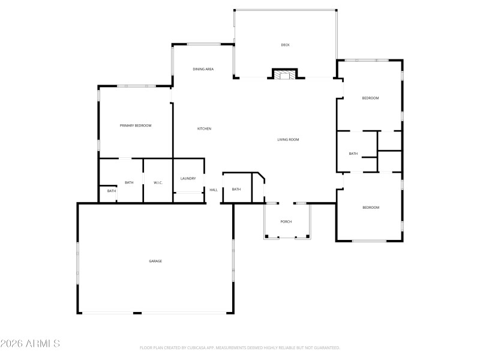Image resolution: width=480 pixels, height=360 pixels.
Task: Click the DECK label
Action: coord(286,45)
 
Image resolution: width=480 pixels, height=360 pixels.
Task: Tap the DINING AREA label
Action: coord(203,69)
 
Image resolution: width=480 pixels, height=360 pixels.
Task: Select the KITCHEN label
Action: coord(205,128)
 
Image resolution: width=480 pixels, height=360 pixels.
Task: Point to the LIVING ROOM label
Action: coord(288,140)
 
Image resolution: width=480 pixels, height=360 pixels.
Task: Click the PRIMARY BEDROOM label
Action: coord(136,125)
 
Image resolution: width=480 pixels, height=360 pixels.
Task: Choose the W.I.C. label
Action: coord(158,182)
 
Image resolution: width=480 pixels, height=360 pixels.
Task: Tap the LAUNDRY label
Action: coord(188,178)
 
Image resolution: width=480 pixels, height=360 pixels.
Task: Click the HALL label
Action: coord(214,190)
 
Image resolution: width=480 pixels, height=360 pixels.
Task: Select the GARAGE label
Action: coord(155,261)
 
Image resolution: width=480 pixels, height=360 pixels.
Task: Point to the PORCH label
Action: coord(286,222)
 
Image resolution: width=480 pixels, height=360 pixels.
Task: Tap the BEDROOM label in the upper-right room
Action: coord(370,98)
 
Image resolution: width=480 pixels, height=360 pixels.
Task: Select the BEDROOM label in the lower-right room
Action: coord(371,208)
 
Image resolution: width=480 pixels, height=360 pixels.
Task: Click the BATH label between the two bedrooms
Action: coord(353,154)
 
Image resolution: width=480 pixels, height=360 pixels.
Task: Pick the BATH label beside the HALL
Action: coord(236,190)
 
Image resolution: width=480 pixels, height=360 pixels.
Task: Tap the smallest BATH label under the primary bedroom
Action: coord(112,191)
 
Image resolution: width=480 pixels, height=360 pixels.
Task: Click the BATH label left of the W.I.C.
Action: coord(129,182)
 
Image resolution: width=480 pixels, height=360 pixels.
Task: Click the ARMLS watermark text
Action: coord(30,344)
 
